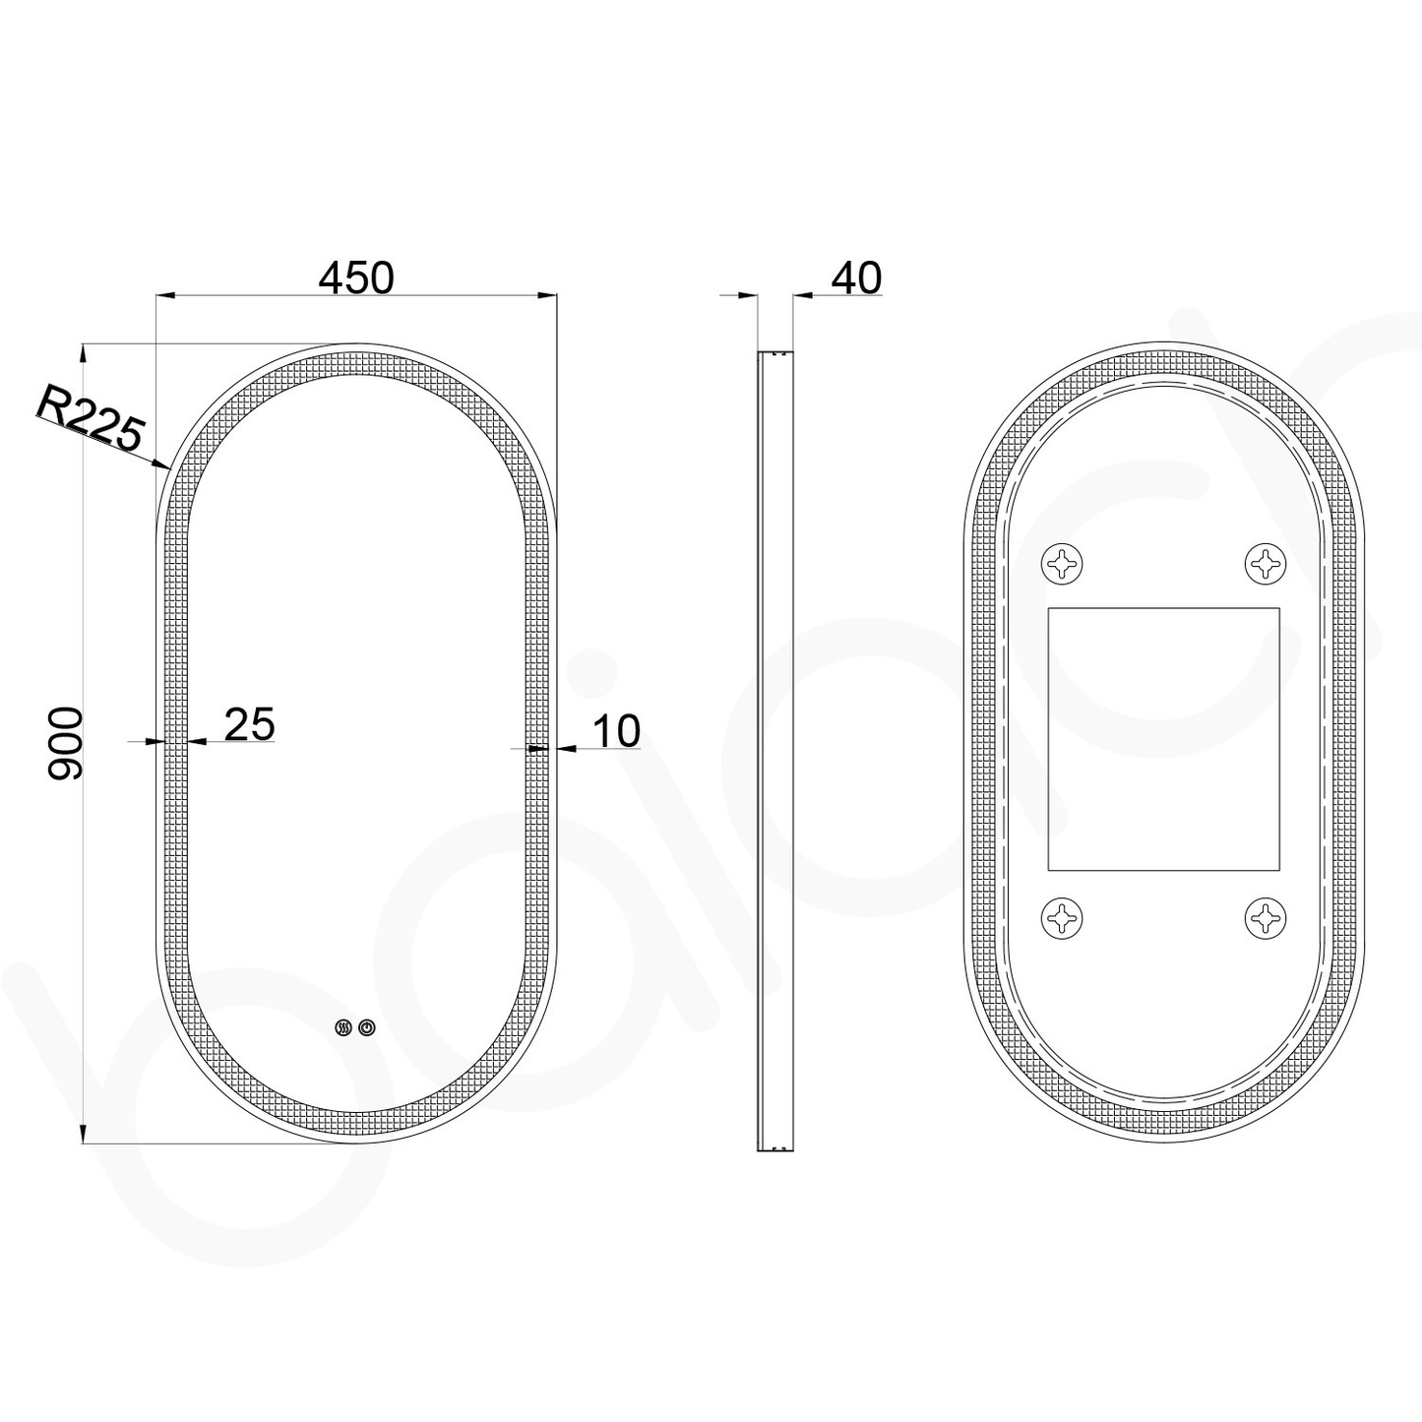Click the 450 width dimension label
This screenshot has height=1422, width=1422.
click(x=356, y=278)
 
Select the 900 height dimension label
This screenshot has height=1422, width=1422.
click(x=66, y=743)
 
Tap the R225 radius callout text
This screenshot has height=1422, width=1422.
click(x=91, y=417)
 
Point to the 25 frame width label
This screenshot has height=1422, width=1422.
click(x=250, y=724)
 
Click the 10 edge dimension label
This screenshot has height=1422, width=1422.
click(x=616, y=731)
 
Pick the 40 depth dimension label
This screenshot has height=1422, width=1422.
click(x=856, y=278)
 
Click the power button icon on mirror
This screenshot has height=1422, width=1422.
click(x=367, y=1027)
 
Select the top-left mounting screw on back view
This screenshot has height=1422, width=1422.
click(x=1061, y=564)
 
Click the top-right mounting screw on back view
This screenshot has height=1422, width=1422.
click(x=1266, y=564)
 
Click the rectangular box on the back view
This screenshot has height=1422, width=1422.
click(x=1163, y=739)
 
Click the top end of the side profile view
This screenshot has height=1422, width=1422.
click(x=774, y=353)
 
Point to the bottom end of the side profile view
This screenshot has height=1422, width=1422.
click(x=774, y=1147)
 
